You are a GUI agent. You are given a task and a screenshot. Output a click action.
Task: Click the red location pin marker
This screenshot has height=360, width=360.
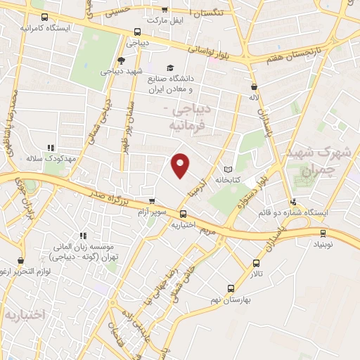181,165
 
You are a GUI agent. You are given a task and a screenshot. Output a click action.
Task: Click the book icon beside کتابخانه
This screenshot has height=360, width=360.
228,169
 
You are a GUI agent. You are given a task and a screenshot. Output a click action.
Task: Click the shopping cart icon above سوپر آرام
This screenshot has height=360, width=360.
152,201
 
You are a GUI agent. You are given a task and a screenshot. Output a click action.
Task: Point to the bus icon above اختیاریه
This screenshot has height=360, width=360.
184,214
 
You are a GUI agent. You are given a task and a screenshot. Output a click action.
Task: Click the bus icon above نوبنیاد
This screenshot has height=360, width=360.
323,234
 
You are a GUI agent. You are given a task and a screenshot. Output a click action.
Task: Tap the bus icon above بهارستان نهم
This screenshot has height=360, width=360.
231,288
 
